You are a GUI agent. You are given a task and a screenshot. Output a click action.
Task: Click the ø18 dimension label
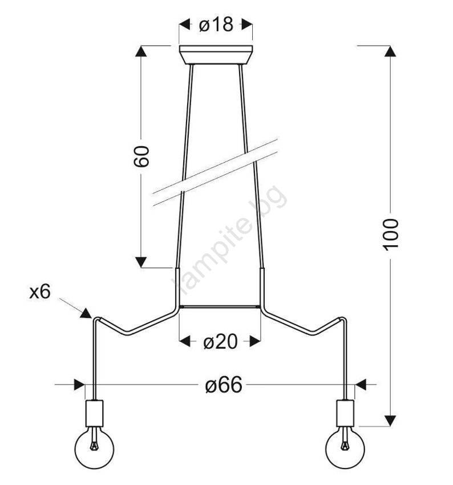click(216, 25)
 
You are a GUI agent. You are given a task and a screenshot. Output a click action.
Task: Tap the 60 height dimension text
click(141, 156)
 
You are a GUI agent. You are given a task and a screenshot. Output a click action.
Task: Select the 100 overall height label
click(391, 235)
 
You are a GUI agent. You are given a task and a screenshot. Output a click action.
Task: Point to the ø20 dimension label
click(220, 342)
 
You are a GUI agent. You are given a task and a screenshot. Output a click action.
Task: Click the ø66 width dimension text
click(224, 385)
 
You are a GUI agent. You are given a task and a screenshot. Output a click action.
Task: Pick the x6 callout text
click(40, 292)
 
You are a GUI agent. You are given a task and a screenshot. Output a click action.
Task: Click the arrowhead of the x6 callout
click(86, 313)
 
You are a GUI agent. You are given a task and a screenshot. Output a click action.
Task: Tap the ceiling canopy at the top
click(216, 55)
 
